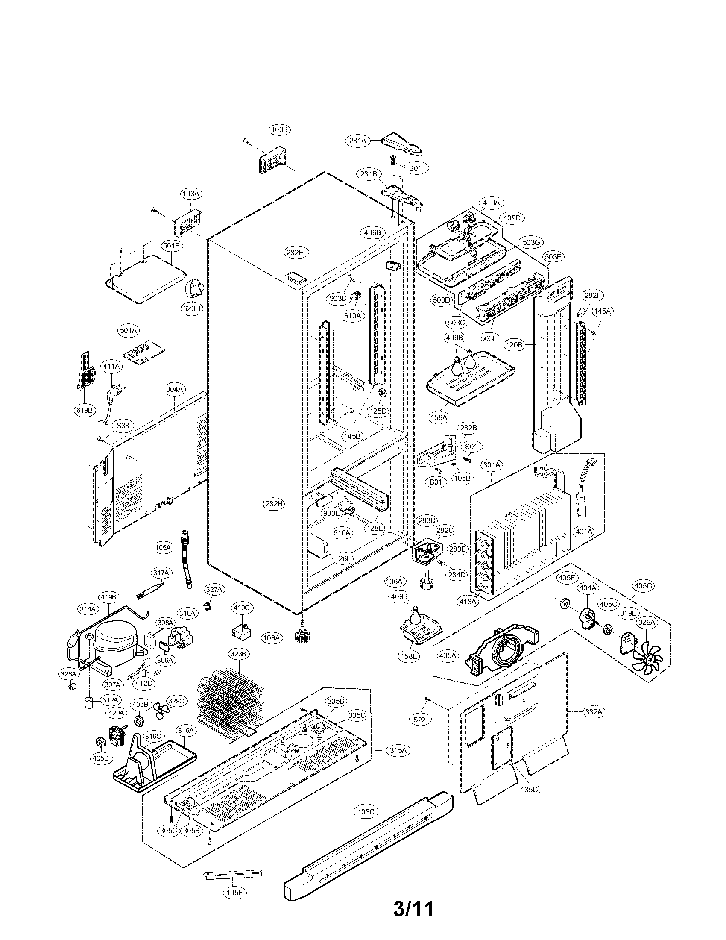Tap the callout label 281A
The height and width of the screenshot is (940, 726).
click(x=358, y=140)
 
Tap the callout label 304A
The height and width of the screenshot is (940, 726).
click(x=175, y=390)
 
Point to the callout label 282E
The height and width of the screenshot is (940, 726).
click(x=295, y=253)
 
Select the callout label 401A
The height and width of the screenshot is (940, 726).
click(x=584, y=532)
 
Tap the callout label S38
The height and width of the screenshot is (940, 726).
click(x=123, y=426)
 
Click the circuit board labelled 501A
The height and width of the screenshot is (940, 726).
click(x=138, y=355)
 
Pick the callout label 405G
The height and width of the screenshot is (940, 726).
click(x=644, y=586)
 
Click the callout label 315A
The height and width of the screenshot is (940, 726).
click(x=398, y=750)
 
